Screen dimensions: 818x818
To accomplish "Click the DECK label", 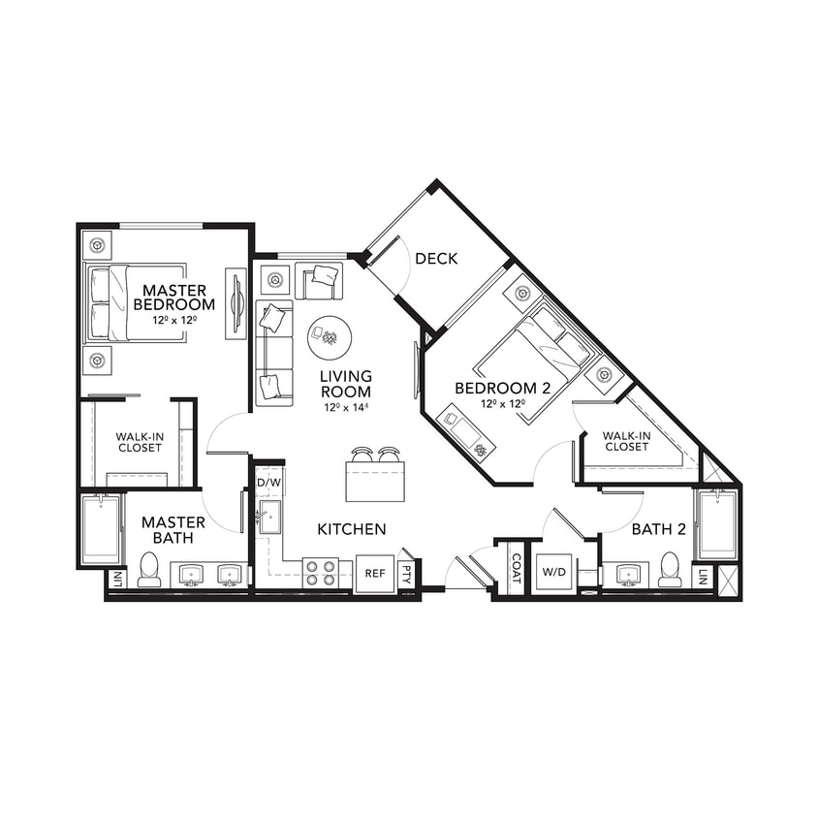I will pos(436,259).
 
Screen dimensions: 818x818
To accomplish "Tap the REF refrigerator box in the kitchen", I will pos(374,573).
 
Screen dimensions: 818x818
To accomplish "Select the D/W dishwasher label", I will pos(267,482).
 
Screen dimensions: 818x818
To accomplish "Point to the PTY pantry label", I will pos(408,574).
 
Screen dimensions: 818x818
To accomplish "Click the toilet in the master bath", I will pos(149,570).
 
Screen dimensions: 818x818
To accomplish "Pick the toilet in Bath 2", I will pos(670,570).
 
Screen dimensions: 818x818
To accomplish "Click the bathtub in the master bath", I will pos(100,529).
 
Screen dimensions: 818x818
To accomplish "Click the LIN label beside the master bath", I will pos(117,580).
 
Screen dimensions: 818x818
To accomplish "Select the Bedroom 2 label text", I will pos(503,388).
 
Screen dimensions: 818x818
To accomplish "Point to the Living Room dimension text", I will pos(348,408).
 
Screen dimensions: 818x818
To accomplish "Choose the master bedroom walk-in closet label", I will pos(141,442).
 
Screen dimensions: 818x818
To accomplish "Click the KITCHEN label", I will pos(352,529).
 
